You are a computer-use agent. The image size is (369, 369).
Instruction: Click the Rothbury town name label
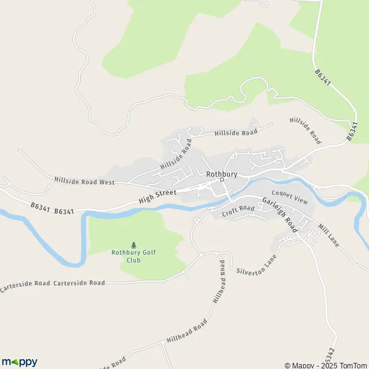point(222,174)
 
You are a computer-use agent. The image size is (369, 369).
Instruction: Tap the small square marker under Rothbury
point(222,180)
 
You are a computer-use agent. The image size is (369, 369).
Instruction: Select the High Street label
point(157,196)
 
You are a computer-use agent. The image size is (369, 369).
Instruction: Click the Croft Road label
point(238,210)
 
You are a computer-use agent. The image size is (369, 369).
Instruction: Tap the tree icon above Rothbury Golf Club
point(134,245)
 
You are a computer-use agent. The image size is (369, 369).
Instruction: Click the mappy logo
point(20,362)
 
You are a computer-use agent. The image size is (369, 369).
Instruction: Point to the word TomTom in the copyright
point(352,365)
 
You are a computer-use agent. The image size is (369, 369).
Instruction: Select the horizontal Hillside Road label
point(235,132)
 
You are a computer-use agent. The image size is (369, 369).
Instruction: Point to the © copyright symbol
point(288,365)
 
